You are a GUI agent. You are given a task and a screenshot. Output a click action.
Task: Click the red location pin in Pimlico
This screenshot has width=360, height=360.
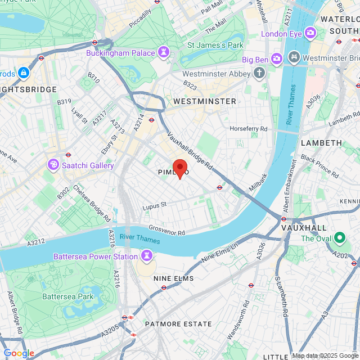click(179, 168)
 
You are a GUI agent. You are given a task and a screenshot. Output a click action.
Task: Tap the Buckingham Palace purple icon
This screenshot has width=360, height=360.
click(164, 53)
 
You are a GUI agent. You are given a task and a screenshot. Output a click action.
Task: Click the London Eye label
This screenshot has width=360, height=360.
click(281, 33)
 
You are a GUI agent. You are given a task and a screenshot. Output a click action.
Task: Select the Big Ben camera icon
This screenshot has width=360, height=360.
click(276, 58)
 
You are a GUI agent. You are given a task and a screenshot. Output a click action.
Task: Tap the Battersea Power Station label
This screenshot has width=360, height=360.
click(95, 256)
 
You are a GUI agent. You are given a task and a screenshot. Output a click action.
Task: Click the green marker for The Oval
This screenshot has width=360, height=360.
click(340, 238)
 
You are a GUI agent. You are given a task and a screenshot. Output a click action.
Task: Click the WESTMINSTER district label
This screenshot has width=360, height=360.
click(205, 101)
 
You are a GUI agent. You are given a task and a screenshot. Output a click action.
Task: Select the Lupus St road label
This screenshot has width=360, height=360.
click(155, 205)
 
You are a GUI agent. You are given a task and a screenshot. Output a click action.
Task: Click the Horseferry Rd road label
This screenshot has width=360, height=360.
click(249, 129)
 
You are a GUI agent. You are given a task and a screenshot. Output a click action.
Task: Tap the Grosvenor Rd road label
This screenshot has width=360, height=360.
click(166, 229)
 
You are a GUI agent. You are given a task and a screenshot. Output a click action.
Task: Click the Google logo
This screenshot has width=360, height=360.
click(19, 353)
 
